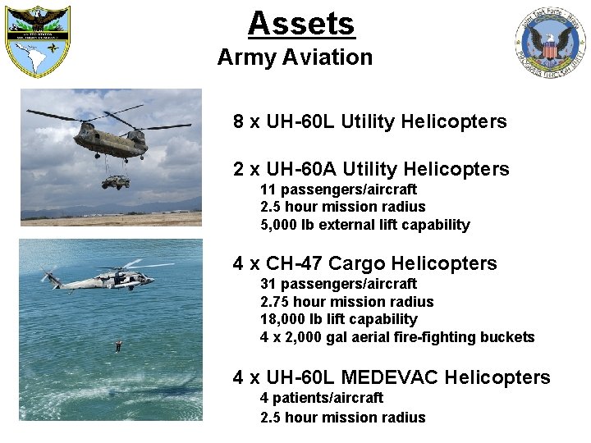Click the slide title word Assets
click(x=301, y=23)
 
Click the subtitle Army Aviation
click(x=295, y=57)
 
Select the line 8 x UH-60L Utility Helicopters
click(x=369, y=122)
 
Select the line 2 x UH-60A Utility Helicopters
click(x=371, y=170)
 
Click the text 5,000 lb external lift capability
click(x=364, y=225)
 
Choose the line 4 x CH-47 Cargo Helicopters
click(x=364, y=263)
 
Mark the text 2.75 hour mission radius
click(x=346, y=301)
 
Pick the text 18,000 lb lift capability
click(x=338, y=319)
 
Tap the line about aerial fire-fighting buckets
click(x=397, y=337)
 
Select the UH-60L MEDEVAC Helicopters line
click(x=392, y=377)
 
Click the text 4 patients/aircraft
click(x=321, y=397)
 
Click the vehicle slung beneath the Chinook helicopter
click(x=115, y=182)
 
